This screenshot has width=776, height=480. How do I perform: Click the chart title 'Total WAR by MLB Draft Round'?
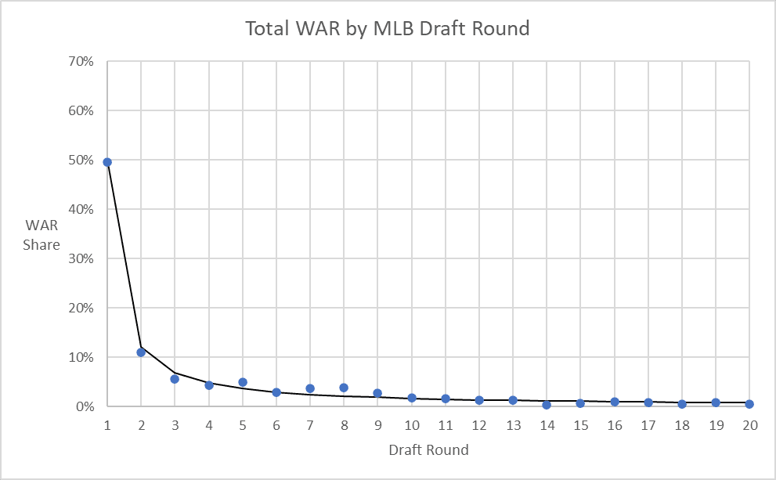click(388, 29)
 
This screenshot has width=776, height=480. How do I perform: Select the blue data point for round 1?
click(107, 162)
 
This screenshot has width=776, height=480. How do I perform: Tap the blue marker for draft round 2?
click(141, 352)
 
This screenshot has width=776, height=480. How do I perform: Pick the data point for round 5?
click(243, 382)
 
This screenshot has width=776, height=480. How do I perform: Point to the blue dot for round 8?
click(344, 388)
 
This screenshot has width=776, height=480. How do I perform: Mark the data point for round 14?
click(547, 405)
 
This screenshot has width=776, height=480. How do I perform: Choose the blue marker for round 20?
click(749, 404)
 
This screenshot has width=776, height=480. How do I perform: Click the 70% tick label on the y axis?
click(81, 61)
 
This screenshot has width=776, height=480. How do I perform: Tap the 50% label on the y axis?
click(81, 160)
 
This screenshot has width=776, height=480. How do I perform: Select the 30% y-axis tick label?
click(81, 258)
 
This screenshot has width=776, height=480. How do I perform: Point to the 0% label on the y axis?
click(85, 406)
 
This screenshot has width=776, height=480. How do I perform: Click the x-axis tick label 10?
click(411, 425)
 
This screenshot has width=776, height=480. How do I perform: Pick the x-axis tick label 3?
click(175, 425)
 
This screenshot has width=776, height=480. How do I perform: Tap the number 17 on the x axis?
click(648, 425)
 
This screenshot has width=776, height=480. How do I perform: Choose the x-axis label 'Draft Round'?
click(428, 450)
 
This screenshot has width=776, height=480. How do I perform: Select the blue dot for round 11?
click(446, 399)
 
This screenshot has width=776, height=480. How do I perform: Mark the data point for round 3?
click(175, 379)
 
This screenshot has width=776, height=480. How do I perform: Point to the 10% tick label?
click(81, 357)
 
